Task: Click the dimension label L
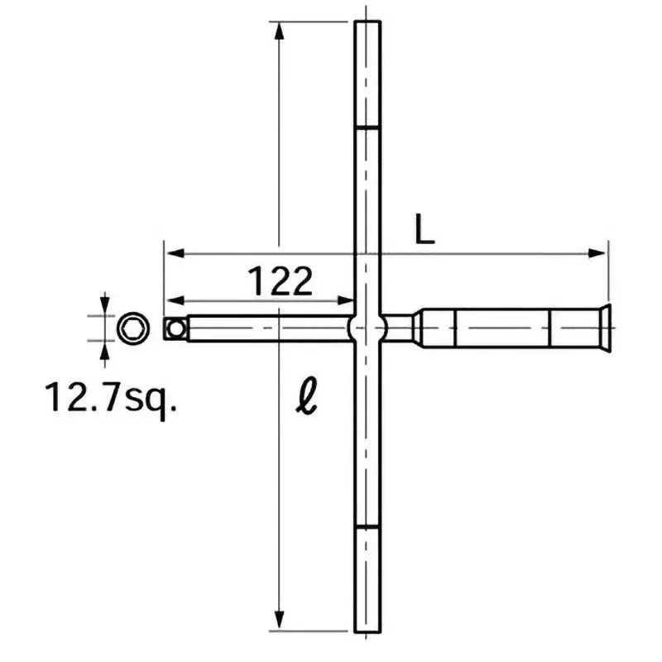click(425, 230)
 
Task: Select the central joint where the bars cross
click(367, 329)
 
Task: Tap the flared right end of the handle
click(605, 329)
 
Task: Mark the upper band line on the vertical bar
click(367, 127)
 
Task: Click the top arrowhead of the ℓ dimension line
click(280, 30)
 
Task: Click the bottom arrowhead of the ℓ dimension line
click(280, 622)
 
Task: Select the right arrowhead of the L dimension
click(599, 253)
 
